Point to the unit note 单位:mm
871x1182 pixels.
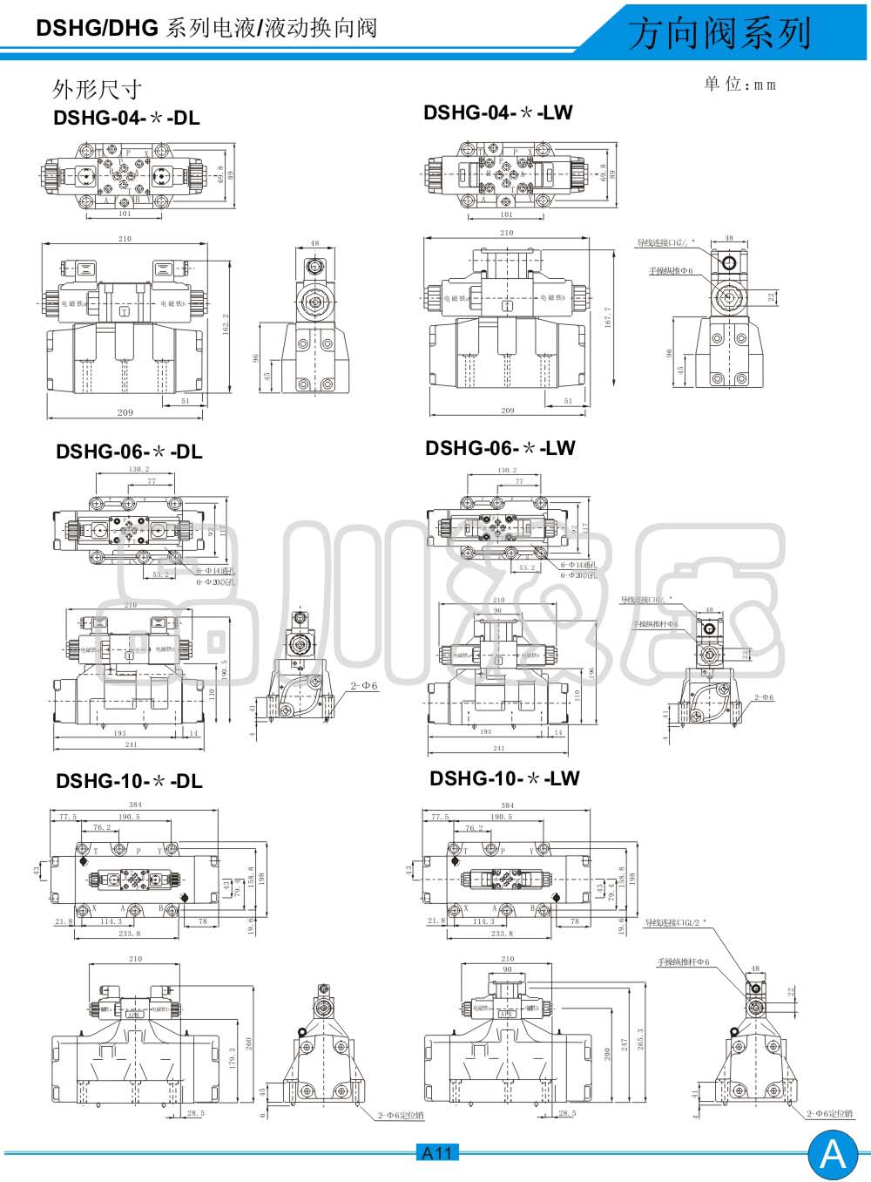[x=739, y=84]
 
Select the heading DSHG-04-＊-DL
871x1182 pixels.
[x=126, y=118]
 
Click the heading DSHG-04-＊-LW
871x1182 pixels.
[x=498, y=112]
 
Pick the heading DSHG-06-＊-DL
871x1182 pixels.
[x=129, y=452]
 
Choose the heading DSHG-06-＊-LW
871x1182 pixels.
[x=500, y=448]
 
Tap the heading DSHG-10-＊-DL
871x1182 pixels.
[x=129, y=781]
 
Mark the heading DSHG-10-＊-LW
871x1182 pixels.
[x=504, y=778]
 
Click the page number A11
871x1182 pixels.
[x=436, y=1153]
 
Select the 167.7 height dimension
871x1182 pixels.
[x=608, y=317]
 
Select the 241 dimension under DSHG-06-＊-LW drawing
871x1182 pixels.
[x=499, y=748]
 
